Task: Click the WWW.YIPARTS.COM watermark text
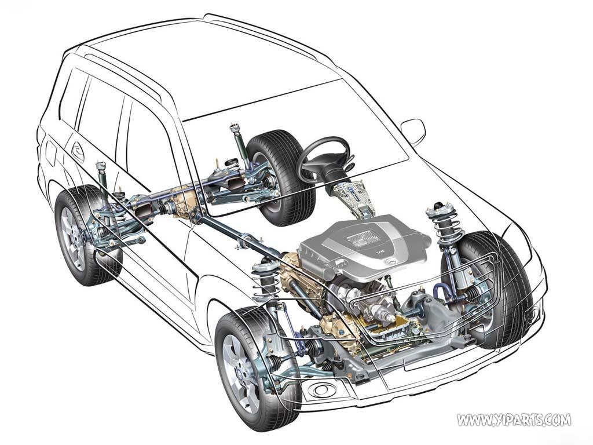pyautogui.click(x=514, y=420)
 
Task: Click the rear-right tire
pyautogui.click(x=282, y=178)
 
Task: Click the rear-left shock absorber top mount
pyautogui.click(x=101, y=166)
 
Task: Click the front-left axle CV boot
pyautogui.click(x=313, y=346)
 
